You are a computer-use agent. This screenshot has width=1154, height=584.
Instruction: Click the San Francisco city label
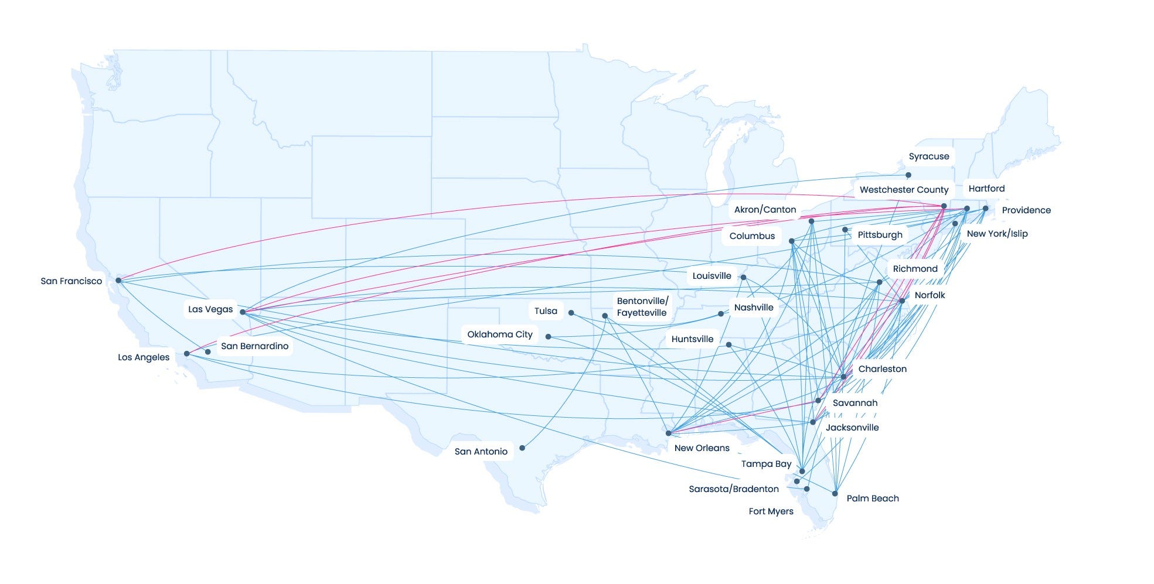pyautogui.click(x=71, y=281)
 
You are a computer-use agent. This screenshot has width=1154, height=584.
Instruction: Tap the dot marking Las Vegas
pyautogui.click(x=243, y=312)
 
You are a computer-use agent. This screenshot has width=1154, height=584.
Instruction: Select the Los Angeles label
pyautogui.click(x=144, y=357)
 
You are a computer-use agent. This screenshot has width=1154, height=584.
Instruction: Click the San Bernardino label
pyautogui.click(x=254, y=346)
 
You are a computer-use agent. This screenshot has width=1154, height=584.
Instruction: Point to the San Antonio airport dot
pyautogui.click(x=522, y=448)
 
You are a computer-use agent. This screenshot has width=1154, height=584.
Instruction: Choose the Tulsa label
pyautogui.click(x=546, y=311)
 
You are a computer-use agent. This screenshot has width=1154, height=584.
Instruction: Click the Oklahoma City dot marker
pyautogui.click(x=549, y=337)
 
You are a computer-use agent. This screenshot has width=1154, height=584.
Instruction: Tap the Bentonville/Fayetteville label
pyautogui.click(x=642, y=307)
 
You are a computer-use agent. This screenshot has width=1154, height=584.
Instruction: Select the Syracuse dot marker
pyautogui.click(x=908, y=175)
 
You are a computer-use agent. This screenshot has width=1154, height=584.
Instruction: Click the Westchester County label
pyautogui.click(x=904, y=190)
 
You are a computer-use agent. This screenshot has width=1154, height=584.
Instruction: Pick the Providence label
pyautogui.click(x=1026, y=210)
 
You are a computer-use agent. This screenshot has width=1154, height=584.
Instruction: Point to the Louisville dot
pyautogui.click(x=743, y=278)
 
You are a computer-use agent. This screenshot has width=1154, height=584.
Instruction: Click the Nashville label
pyautogui.click(x=754, y=308)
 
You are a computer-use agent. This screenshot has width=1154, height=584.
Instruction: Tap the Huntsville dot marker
pyautogui.click(x=729, y=345)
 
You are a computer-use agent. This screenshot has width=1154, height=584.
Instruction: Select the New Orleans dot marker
pyautogui.click(x=669, y=433)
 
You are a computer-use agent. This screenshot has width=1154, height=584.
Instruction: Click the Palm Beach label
pyautogui.click(x=872, y=498)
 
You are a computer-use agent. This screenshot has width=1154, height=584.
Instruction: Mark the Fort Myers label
pyautogui.click(x=771, y=511)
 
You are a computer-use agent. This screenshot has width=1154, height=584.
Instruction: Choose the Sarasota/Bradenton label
pyautogui.click(x=733, y=489)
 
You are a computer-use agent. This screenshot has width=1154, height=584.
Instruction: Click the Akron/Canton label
pyautogui.click(x=765, y=210)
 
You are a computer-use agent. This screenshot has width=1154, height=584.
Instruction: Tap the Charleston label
pyautogui.click(x=882, y=369)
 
